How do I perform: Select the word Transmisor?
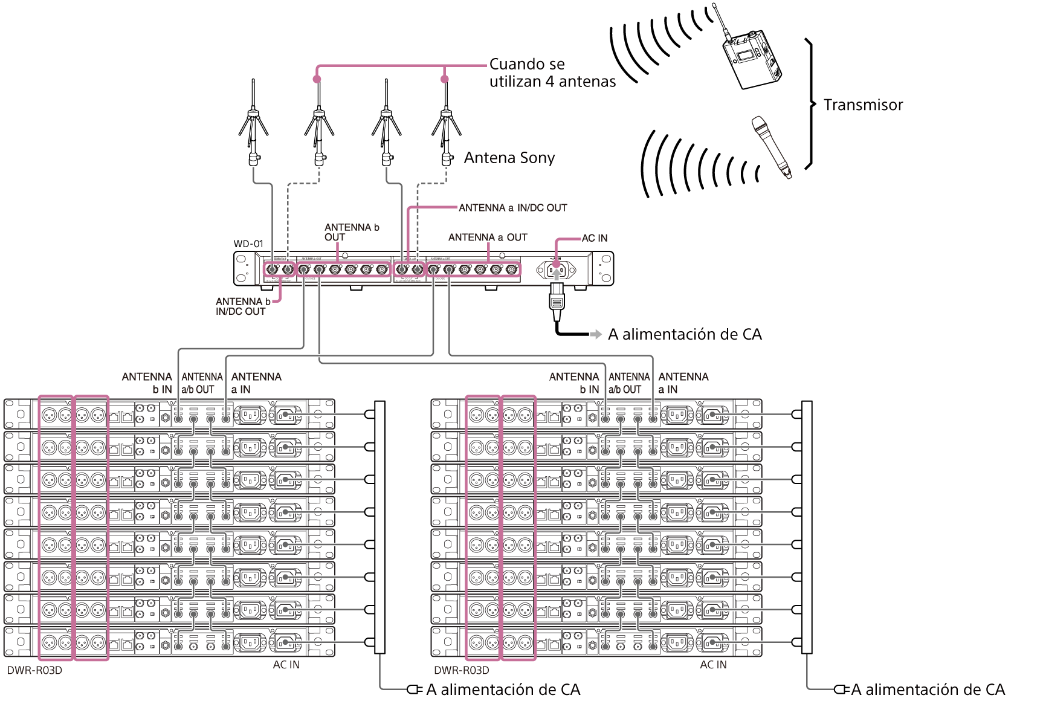point(863,105)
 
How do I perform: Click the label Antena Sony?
point(509,158)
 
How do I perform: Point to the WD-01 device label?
point(248,244)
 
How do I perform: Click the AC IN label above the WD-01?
point(594,238)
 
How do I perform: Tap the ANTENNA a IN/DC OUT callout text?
point(512,208)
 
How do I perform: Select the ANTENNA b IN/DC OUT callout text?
point(242,306)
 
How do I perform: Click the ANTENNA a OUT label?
point(488,237)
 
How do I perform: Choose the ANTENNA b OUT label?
point(351,232)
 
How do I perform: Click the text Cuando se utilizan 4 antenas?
point(552,73)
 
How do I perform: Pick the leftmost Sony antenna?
point(253,124)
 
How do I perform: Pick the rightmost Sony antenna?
point(447,124)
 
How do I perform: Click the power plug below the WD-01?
point(557,301)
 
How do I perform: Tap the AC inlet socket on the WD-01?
point(556,270)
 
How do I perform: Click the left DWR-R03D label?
point(34,670)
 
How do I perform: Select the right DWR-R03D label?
point(462,670)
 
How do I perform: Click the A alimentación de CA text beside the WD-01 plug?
point(685,334)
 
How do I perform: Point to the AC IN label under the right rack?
point(713,665)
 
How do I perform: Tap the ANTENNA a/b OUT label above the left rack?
point(202,383)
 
